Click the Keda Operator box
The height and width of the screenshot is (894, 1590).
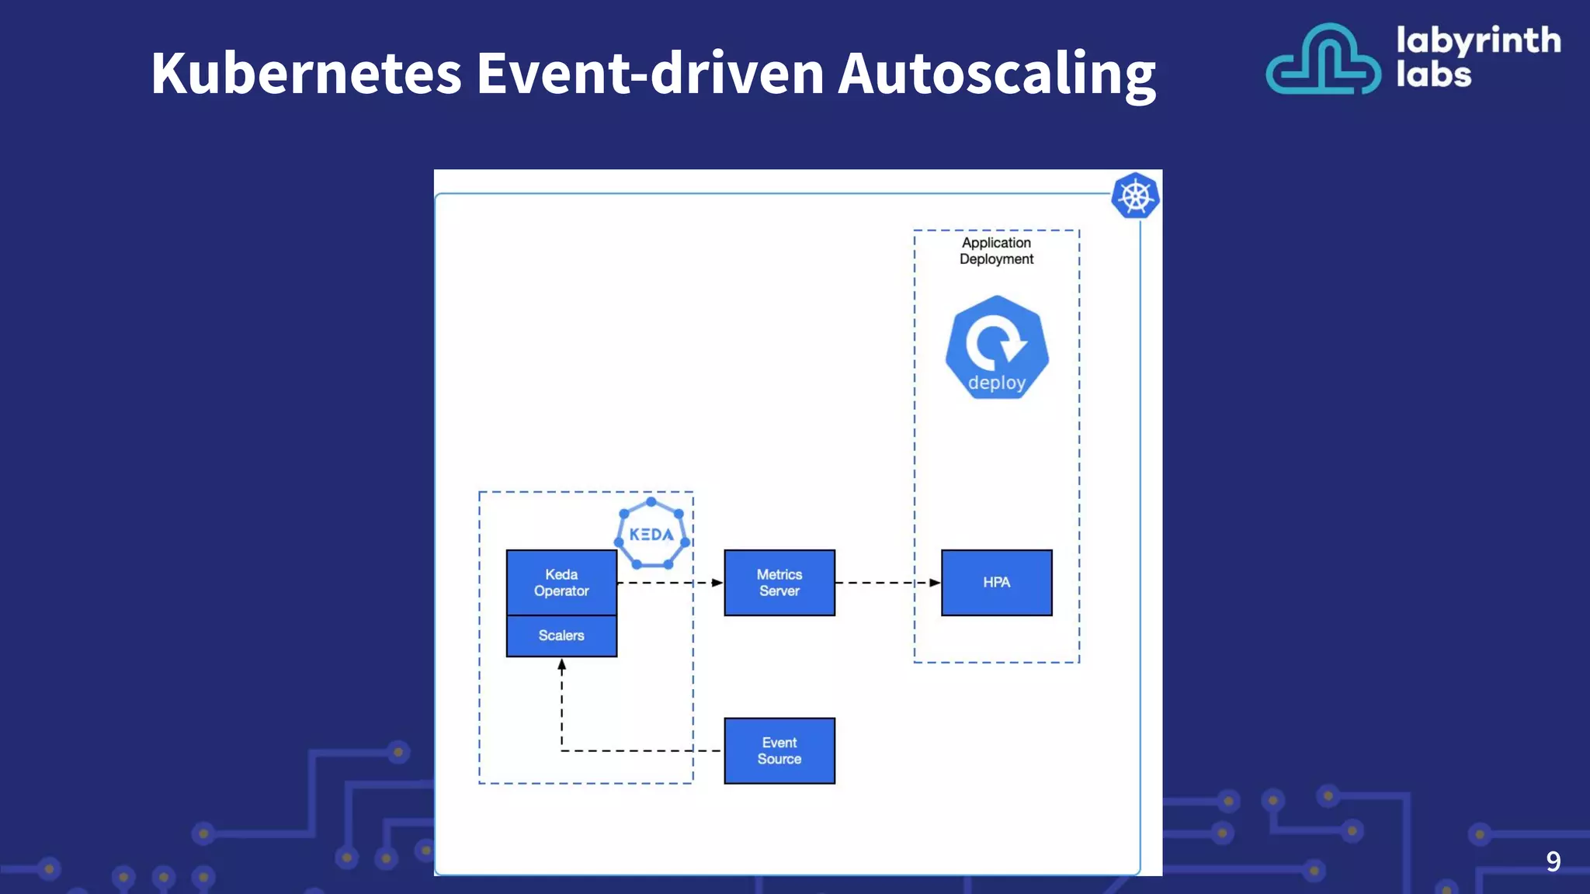coord(561,583)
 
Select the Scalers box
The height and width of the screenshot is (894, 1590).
coord(561,636)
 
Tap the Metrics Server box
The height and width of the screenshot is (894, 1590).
coord(779,583)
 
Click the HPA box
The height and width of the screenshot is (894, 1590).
coord(997,583)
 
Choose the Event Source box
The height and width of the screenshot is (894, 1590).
coord(779,751)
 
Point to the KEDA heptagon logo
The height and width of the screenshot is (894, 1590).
coord(651,534)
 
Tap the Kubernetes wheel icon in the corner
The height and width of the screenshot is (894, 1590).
coord(1135,196)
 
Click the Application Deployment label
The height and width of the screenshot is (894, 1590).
coord(997,251)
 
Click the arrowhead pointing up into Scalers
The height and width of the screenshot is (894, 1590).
coord(562,665)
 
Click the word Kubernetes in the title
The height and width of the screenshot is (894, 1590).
coord(307,74)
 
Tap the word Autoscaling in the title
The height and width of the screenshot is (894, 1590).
coord(997,74)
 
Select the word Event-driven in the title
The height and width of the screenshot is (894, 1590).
coord(650,74)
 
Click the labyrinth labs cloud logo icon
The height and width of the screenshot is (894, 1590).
coord(1323,61)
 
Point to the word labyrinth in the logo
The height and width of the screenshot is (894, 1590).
coord(1478,40)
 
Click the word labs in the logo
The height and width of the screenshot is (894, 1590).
coord(1433,75)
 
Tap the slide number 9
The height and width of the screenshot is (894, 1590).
coord(1553,861)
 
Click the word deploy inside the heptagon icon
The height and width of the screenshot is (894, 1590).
coord(997,383)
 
